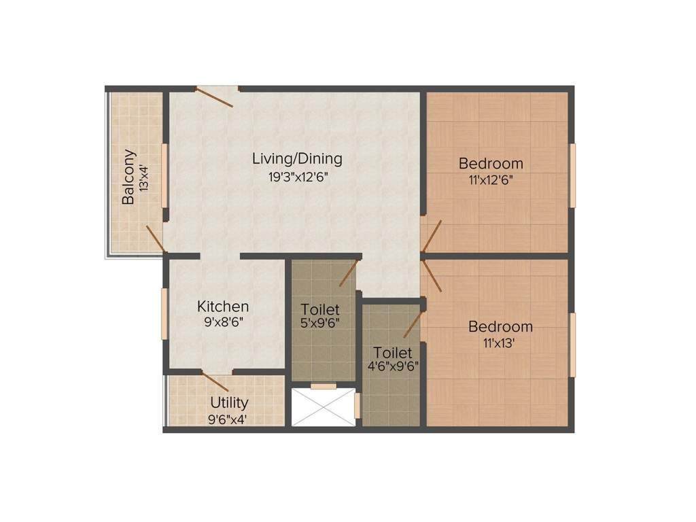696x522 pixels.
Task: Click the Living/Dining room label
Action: point(297,159)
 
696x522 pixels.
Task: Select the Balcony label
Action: point(129,177)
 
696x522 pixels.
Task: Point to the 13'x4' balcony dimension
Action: point(144,177)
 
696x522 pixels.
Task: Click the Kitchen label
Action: point(223,307)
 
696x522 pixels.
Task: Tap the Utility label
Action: point(229,403)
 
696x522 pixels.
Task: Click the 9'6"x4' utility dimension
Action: point(227,419)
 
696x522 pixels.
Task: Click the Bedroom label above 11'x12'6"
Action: point(491,163)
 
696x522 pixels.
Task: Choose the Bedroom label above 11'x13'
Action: point(501,327)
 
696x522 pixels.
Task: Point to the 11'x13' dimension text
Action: point(498,343)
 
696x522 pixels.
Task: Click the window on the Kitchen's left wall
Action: point(164,314)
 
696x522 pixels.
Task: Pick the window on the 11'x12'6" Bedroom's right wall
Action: point(572,175)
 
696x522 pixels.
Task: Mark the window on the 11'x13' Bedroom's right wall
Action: point(572,345)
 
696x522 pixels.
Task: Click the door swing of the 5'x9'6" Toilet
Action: point(348,272)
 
